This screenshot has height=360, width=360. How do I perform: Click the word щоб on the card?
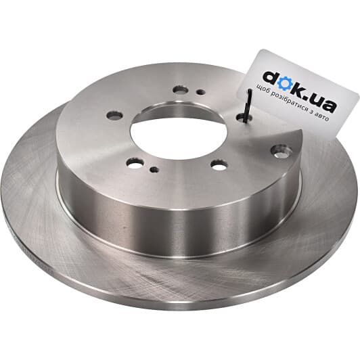tap(262, 89)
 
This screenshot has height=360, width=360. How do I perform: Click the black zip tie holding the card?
tap(248, 106)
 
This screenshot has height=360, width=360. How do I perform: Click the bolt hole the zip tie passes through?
tap(244, 118)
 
